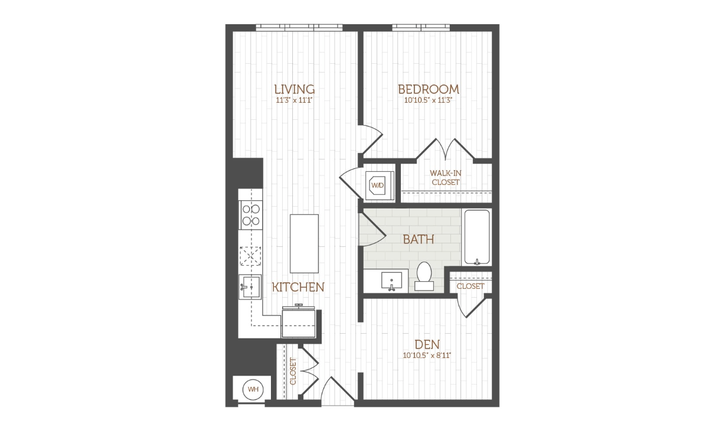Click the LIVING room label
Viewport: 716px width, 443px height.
[x=295, y=89]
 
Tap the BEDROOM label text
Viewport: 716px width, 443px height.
[x=429, y=89]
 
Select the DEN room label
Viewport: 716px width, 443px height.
[x=427, y=344]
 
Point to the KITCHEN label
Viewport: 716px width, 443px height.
[x=298, y=287]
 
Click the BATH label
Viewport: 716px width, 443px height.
[x=419, y=239]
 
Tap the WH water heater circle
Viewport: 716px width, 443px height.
[x=253, y=389]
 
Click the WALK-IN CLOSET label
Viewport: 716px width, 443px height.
[x=446, y=178]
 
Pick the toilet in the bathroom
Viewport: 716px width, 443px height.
[x=424, y=276]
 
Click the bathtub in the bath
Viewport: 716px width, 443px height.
[x=477, y=237]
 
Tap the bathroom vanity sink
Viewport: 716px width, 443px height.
[x=391, y=281]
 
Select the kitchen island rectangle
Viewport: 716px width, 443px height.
[x=305, y=243]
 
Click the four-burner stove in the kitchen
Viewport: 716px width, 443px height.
[x=251, y=215]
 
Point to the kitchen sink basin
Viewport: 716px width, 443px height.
[x=250, y=286]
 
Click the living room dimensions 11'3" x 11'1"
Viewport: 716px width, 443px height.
[x=294, y=100]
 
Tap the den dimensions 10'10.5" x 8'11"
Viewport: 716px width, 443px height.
[x=427, y=356]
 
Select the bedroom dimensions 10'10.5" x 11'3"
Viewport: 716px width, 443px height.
[x=429, y=100]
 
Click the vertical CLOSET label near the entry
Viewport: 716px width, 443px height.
[x=293, y=371]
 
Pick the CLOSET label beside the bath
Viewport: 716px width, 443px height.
[x=470, y=286]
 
